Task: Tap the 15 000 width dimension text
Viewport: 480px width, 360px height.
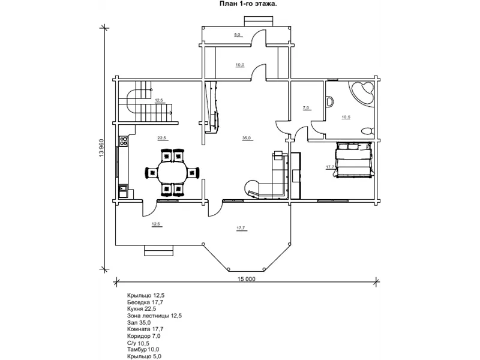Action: coord(246,279)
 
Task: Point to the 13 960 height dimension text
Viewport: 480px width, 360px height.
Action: coord(102,148)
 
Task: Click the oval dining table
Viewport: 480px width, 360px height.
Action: coord(172,172)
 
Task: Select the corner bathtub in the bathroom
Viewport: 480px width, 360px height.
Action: coord(362,94)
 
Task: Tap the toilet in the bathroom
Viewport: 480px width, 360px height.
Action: coord(367,131)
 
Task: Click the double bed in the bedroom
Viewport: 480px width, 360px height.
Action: coord(353,160)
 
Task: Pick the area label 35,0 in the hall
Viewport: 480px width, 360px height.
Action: coord(247,138)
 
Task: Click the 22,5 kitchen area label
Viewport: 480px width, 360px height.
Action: coord(161,138)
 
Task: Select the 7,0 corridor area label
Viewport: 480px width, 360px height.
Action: coord(306,108)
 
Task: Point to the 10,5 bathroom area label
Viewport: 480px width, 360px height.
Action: coord(346,117)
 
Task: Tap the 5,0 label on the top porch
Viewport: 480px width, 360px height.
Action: coord(237,35)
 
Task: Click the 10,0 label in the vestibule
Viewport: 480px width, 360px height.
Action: coord(240,65)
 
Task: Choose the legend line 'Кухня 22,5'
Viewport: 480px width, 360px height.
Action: coord(142,309)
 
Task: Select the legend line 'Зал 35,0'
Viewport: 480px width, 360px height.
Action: coord(139,322)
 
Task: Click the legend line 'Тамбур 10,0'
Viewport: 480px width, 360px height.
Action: coord(143,349)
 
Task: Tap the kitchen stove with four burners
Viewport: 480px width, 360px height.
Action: coord(124,141)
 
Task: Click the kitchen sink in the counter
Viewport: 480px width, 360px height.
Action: coord(123,191)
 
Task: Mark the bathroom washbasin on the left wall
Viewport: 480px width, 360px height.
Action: coord(329,102)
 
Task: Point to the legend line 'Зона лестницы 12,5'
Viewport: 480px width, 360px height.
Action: coord(154,316)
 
